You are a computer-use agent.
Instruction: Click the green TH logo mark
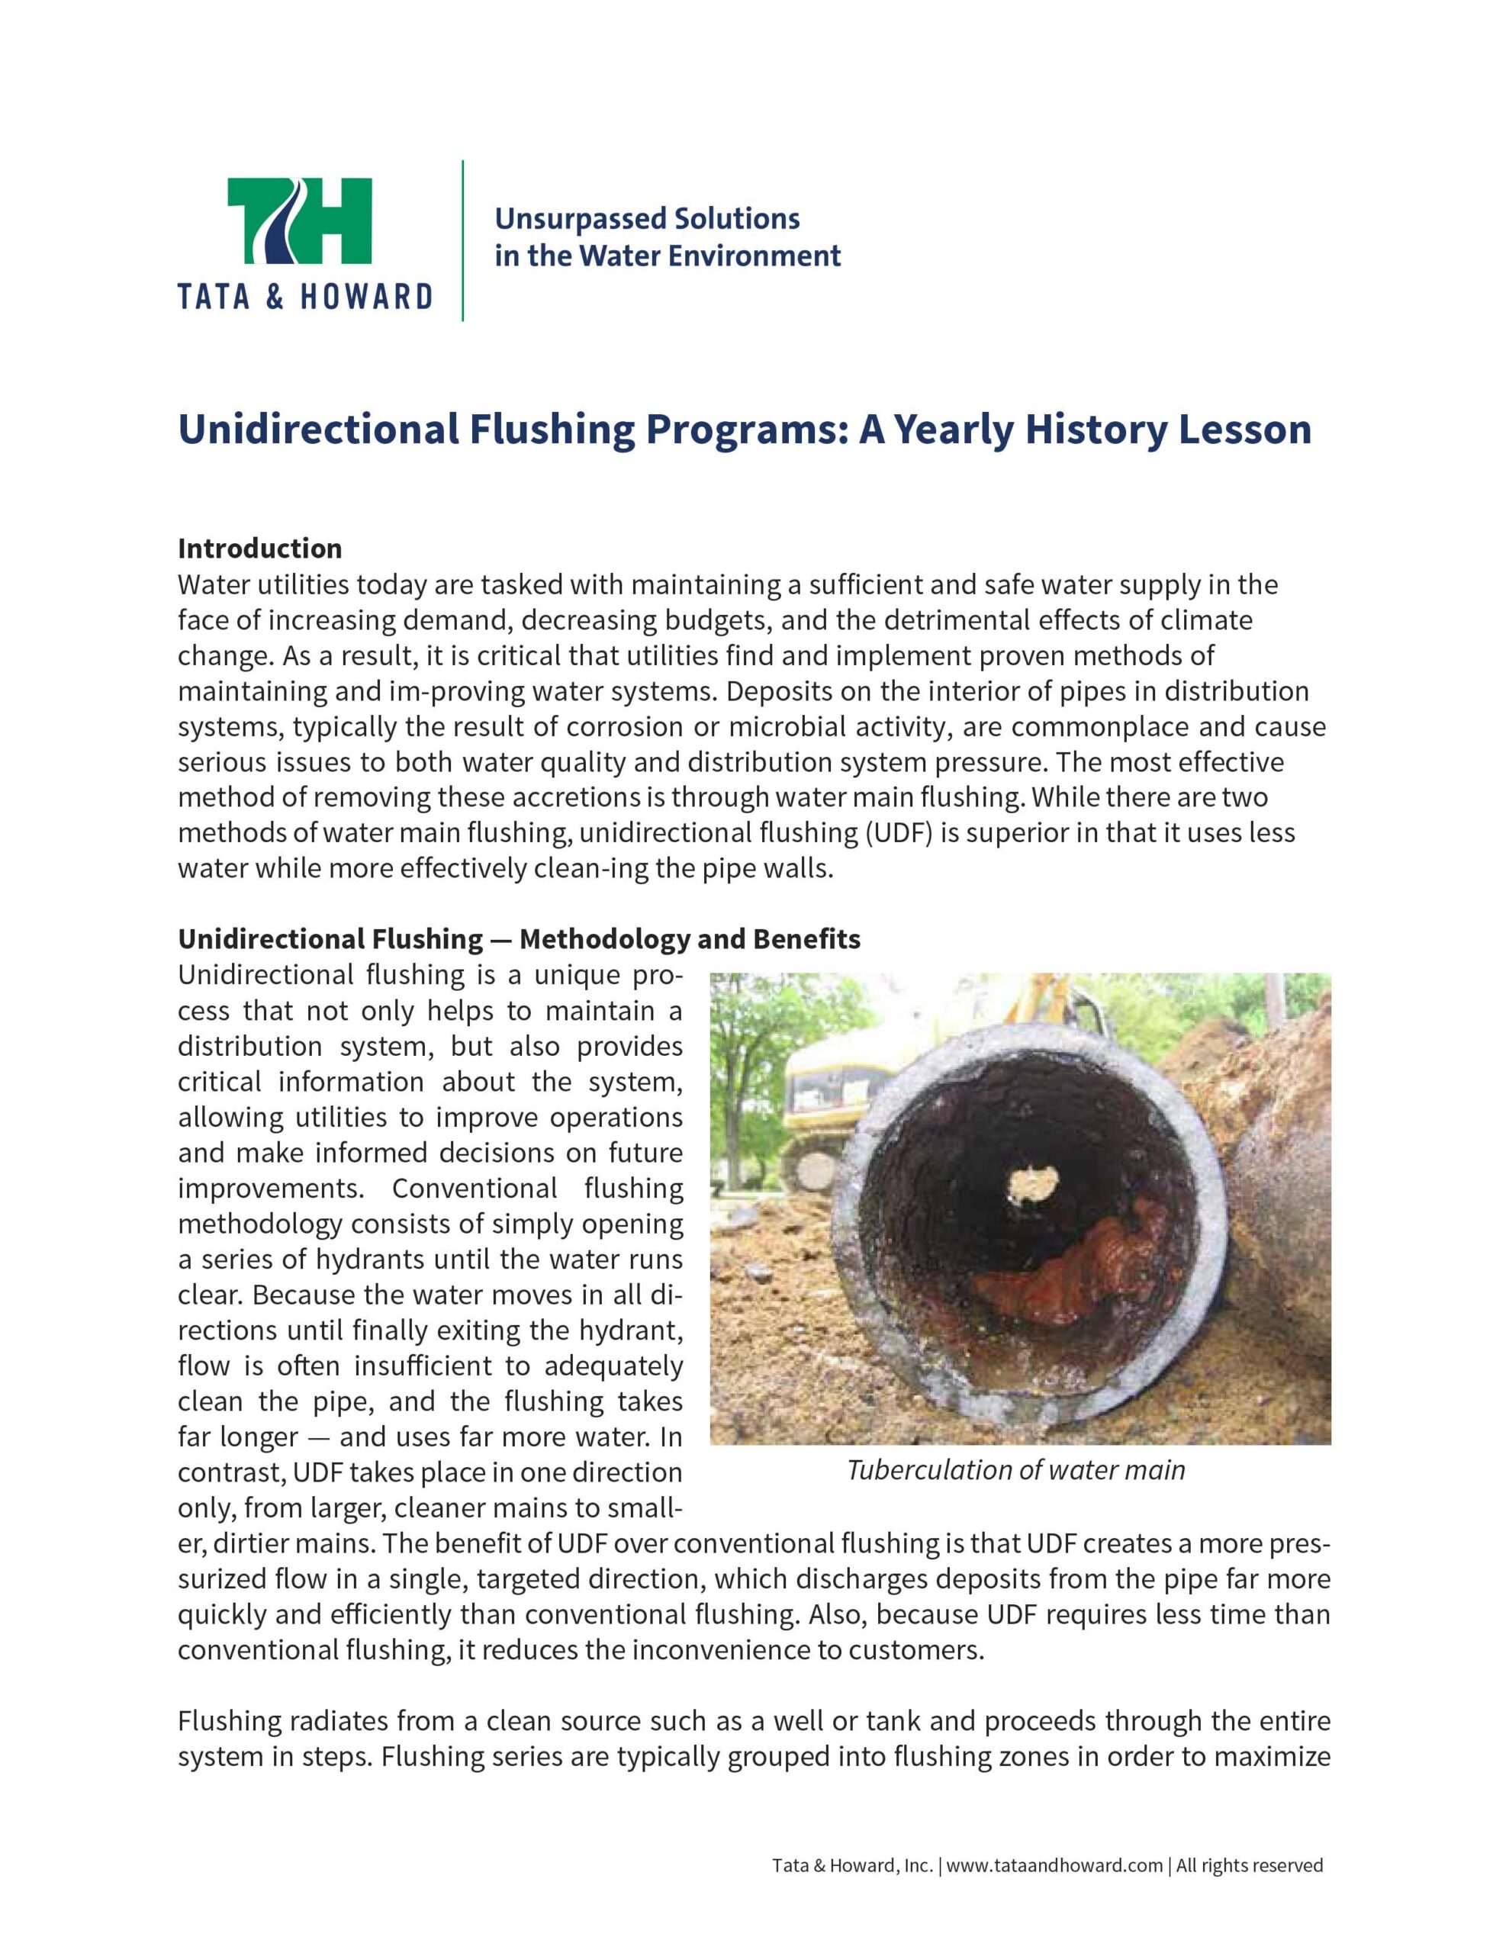[x=300, y=221]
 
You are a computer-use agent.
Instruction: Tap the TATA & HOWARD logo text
[x=304, y=296]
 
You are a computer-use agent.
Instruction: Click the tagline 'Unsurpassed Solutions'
[x=647, y=218]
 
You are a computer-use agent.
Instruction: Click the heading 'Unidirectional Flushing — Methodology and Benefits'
[x=519, y=939]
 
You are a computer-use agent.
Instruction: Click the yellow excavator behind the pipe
[x=828, y=1100]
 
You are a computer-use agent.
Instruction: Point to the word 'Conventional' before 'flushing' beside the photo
[x=474, y=1189]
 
